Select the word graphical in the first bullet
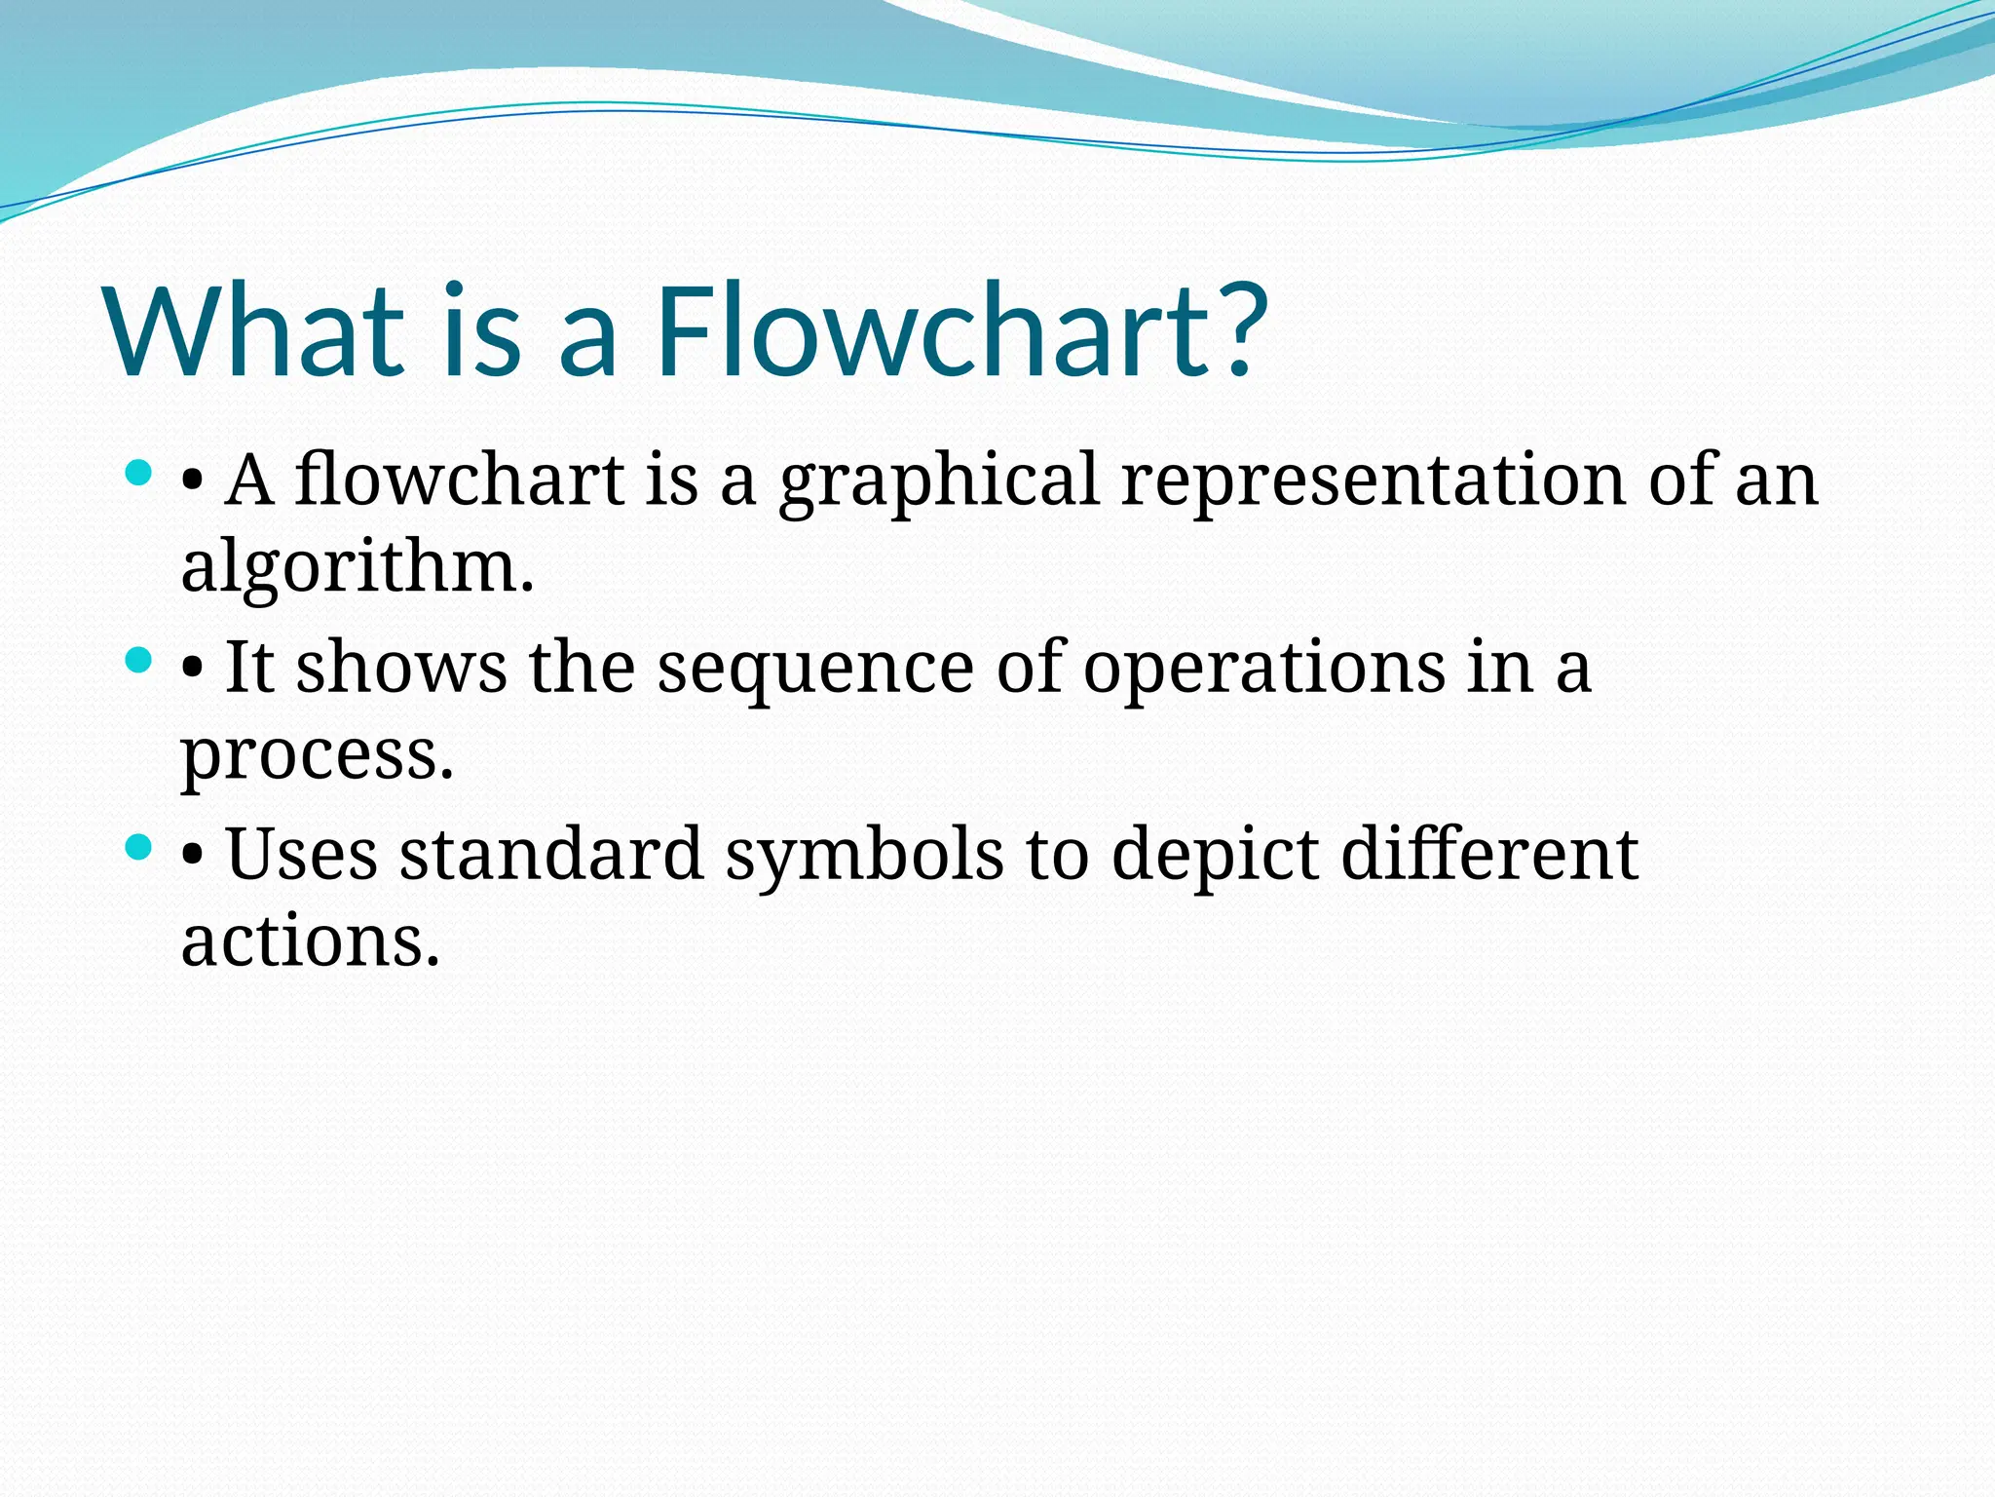tap(939, 481)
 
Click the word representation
tap(1374, 481)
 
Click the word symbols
tap(864, 856)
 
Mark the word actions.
tap(310, 941)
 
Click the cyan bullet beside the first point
tap(139, 475)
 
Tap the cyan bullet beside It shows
tap(139, 662)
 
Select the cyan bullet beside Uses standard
tap(139, 847)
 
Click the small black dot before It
tap(193, 672)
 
